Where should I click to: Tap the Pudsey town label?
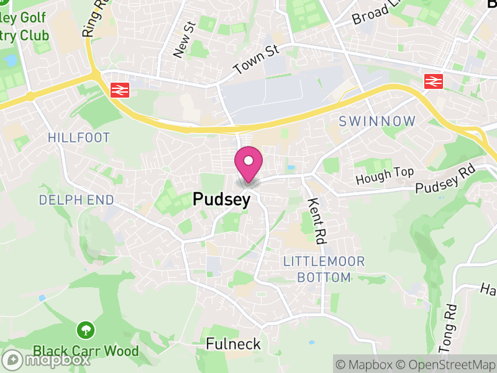click(x=222, y=200)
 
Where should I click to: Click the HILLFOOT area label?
click(x=79, y=137)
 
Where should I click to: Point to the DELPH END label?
click(x=76, y=200)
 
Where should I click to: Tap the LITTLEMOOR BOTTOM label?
click(x=324, y=269)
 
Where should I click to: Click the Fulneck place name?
click(x=233, y=344)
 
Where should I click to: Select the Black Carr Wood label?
click(x=86, y=351)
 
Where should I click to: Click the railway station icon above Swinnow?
click(x=434, y=81)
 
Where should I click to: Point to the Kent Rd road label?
click(x=317, y=220)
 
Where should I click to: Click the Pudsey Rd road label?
click(x=445, y=179)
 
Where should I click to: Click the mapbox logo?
click(x=47, y=359)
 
